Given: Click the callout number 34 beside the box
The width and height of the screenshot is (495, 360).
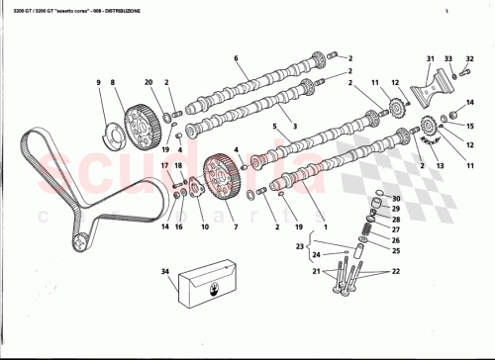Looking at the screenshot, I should (x=165, y=271).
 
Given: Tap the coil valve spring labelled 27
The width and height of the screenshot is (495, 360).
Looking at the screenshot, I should (x=365, y=226).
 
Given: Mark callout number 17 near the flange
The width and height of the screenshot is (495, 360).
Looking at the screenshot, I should (x=164, y=166).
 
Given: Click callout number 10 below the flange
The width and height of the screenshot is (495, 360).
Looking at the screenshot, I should (x=205, y=226).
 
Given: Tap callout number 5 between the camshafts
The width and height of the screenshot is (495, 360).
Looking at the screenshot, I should (x=274, y=127).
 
